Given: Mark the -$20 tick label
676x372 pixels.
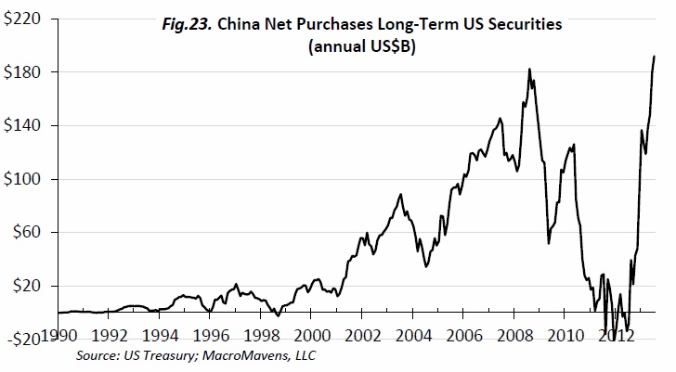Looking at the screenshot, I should tap(23, 339).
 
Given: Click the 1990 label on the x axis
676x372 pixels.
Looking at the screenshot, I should tap(59, 335).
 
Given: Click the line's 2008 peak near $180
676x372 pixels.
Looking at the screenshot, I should tap(529, 69).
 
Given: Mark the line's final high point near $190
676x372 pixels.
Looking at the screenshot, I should tap(655, 57).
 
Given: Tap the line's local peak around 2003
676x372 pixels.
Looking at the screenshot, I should tap(400, 194).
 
